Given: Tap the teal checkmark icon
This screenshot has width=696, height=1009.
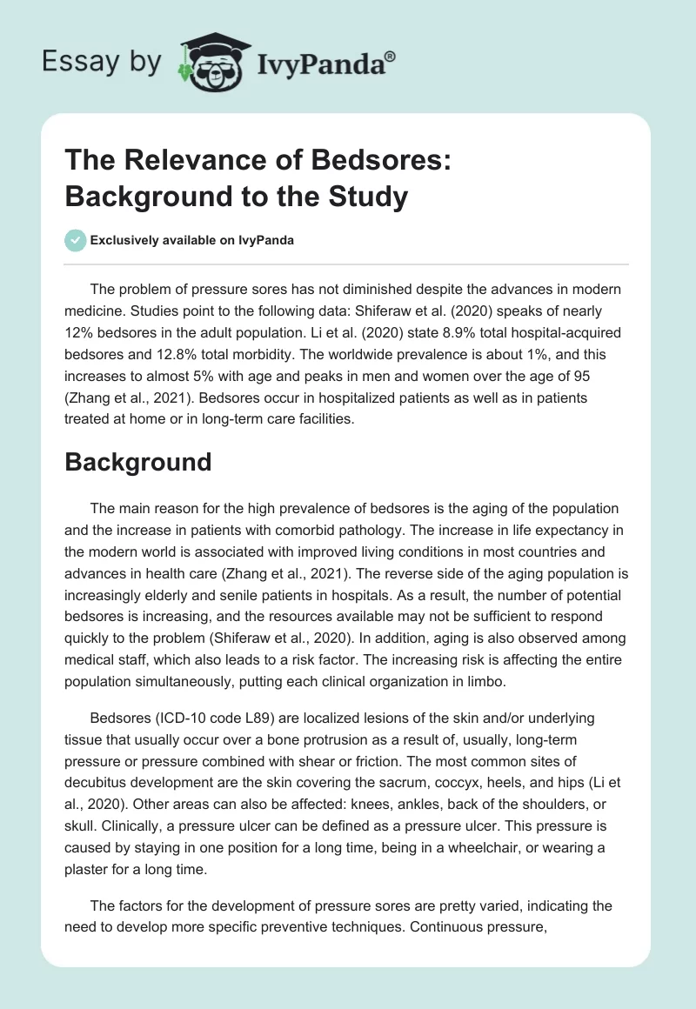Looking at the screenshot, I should [x=75, y=240].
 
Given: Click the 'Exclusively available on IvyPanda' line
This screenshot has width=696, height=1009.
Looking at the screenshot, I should [x=192, y=241].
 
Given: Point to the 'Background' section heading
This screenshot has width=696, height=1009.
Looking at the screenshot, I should [x=138, y=461].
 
